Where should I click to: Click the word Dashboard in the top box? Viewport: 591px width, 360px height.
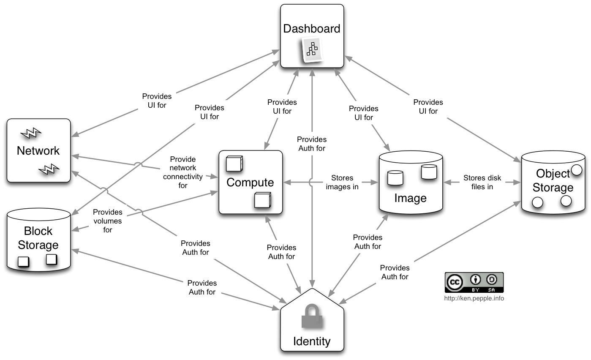tap(312, 29)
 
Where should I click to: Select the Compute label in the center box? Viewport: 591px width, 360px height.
tap(250, 183)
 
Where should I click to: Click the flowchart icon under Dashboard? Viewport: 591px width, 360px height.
tap(312, 49)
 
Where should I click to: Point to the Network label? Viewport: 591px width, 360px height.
tap(38, 151)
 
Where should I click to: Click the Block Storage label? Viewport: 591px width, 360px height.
tap(38, 238)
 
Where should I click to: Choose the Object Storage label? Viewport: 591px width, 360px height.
tap(553, 180)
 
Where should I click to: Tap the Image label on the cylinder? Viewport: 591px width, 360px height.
tap(411, 198)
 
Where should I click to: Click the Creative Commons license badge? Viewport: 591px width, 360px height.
tap(474, 282)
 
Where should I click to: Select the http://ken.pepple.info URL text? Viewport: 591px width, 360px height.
tap(474, 298)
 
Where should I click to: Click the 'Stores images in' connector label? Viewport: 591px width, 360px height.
tap(342, 183)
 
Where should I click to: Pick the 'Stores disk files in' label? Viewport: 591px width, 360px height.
tap(482, 183)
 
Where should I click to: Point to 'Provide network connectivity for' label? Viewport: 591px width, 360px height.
tap(183, 172)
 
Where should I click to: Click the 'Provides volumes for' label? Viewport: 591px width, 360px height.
tap(108, 221)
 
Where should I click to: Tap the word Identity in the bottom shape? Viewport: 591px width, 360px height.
tap(312, 341)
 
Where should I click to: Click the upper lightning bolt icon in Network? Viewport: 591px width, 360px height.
tap(31, 133)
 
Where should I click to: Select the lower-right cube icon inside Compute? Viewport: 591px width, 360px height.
tap(262, 200)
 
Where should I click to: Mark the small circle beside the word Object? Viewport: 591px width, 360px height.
tap(577, 170)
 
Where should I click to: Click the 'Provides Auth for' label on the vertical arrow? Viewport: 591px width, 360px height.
tap(312, 144)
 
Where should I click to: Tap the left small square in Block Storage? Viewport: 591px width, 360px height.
tap(24, 262)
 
